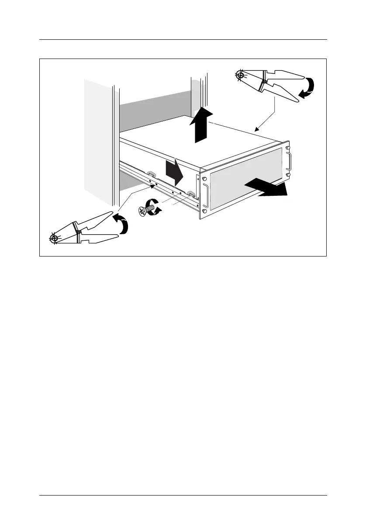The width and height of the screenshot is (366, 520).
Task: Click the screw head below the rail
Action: [142, 212]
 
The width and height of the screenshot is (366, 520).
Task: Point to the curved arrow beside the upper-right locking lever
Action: [307, 87]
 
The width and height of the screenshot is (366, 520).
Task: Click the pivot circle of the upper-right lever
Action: [239, 76]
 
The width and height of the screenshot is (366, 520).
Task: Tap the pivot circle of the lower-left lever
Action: [54, 239]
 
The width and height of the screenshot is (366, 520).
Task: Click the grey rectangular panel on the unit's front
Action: [247, 179]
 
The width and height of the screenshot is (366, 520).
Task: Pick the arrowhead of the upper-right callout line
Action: [256, 129]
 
